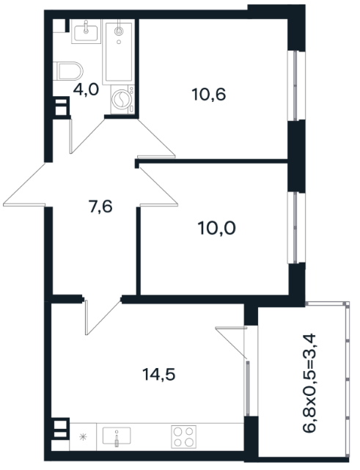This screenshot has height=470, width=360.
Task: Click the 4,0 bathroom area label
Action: pos(86,89)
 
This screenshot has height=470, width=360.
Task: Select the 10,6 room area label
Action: pos(209,95)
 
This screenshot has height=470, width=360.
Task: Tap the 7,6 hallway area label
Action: pos(100,207)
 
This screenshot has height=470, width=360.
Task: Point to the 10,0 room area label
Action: pos(217,228)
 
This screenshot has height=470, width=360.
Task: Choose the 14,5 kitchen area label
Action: pos(158,375)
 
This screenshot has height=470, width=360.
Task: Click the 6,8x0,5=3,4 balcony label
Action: pos(309,383)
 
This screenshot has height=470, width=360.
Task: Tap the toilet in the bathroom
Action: pos(68,71)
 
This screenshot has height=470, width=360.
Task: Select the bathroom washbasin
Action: pos(86,32)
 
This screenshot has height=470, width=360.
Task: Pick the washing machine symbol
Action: pos(122,99)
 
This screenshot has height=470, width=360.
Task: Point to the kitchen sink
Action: pos(117,436)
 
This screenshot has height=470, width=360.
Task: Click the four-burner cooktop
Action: pos(183,436)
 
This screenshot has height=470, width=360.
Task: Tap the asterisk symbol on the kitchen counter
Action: pos(83,437)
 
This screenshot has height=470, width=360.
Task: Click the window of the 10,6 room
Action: pos(296,86)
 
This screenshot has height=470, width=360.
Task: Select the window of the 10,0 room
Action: pos(296,228)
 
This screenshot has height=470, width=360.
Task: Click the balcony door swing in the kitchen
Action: pos(232,342)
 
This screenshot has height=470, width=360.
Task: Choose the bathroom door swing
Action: pos(87,136)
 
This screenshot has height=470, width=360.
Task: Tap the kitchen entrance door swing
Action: pos(103,317)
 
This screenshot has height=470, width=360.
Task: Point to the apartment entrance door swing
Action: pos(24,185)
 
